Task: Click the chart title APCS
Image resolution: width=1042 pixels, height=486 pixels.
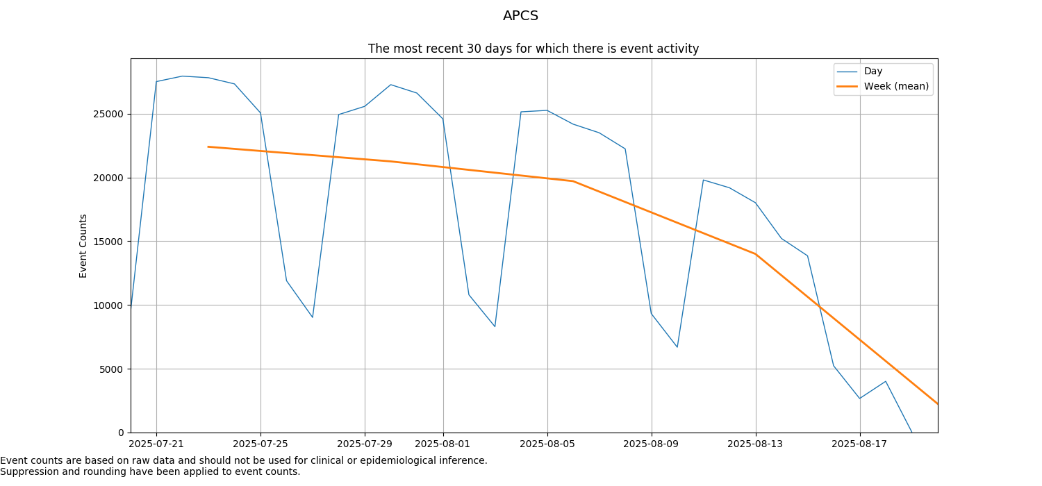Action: coord(520,16)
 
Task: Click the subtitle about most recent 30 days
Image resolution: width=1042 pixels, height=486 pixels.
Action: coord(533,49)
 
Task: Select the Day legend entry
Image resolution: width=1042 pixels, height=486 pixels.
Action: coord(873,71)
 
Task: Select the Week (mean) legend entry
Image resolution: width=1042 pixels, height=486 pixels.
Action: coord(895,86)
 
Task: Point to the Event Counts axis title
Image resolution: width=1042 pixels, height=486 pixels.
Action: coord(83,246)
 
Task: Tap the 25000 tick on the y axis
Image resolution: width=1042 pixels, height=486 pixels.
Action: coord(108,114)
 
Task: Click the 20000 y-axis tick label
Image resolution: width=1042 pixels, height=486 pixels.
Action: coord(108,178)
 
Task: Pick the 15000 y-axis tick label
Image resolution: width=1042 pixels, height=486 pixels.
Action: coord(108,242)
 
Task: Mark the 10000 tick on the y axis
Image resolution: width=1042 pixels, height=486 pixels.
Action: coord(108,305)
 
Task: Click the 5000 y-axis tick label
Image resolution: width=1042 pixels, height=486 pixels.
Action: coord(111,369)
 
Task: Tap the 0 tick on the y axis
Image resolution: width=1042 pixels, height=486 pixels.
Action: coord(120,433)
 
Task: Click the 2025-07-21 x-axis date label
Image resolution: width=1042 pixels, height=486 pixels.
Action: coord(156,444)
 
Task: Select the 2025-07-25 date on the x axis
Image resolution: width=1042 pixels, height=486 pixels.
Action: coord(260,444)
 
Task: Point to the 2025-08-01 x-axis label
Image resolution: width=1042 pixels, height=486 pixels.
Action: coord(443,444)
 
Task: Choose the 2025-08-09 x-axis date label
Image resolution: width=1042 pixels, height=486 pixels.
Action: coord(652,444)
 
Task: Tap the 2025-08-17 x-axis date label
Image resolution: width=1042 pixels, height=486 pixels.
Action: coord(860,444)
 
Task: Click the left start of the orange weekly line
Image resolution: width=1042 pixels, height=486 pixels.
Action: coord(208,146)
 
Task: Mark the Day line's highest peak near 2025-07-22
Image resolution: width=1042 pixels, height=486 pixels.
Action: coord(182,76)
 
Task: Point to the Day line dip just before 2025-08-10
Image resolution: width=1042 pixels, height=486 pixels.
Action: coord(677,346)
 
